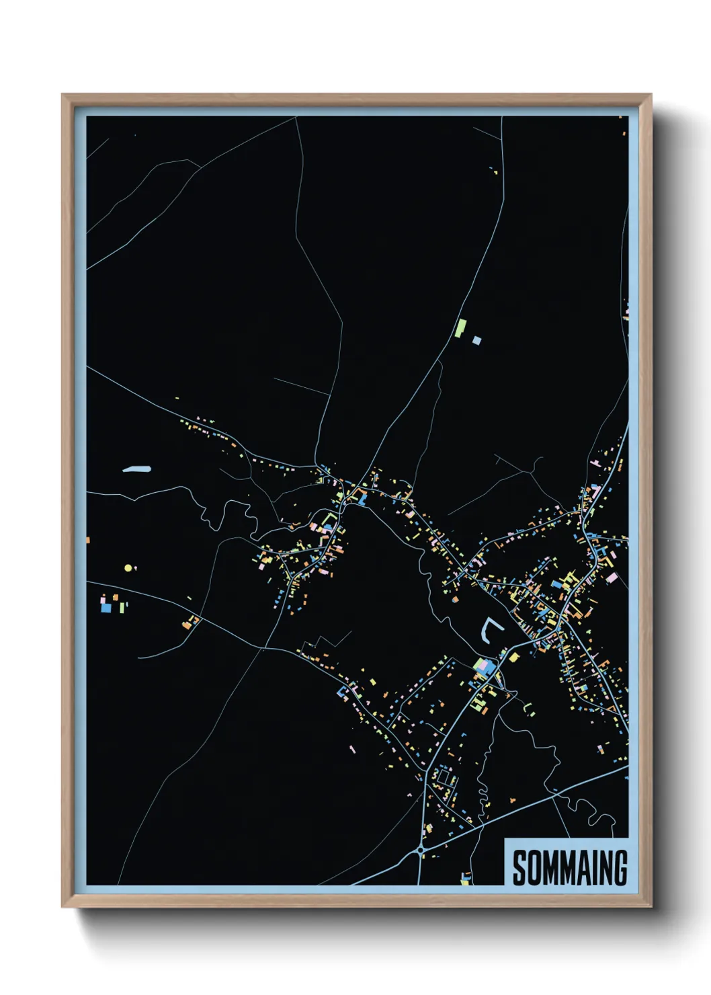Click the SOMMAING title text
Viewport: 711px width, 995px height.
pos(569,868)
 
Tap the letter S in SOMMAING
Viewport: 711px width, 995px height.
pos(519,868)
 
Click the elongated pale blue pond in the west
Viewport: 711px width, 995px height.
pos(137,469)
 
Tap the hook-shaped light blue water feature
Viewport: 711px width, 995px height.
pos(491,630)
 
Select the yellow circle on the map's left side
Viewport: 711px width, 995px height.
pos(128,568)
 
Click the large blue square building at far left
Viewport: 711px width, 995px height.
pos(106,608)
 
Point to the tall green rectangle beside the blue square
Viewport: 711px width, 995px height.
pos(122,607)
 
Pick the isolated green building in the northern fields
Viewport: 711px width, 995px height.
pos(460,328)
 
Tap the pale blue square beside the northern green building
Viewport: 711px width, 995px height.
pos(476,340)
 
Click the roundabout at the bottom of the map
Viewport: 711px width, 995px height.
pos(421,850)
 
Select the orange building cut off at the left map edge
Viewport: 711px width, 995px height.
pos(88,540)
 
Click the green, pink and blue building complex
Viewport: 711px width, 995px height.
pos(484,667)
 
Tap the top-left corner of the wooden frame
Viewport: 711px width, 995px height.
pos(62,95)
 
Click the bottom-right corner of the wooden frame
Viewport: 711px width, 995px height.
pos(651,907)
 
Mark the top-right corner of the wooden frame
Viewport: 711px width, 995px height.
pos(651,95)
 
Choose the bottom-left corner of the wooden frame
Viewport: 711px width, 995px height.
pos(62,907)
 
